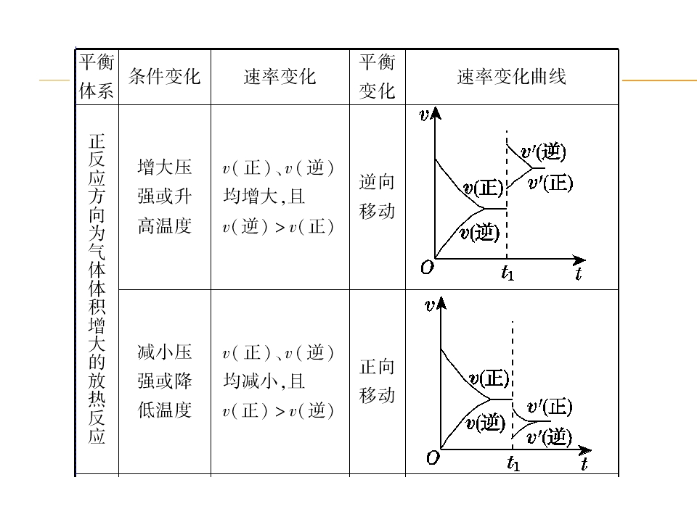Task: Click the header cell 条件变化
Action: point(165,77)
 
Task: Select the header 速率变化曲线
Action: point(512,77)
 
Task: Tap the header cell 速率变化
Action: point(280,77)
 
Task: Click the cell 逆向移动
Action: point(377,196)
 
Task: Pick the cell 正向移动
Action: point(377,381)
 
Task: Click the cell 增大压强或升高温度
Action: point(165,196)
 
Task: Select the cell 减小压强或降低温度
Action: point(165,381)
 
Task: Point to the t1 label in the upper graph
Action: point(508,273)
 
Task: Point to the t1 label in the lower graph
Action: point(513,463)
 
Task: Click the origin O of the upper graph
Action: point(427,268)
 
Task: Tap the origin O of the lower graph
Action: point(433,457)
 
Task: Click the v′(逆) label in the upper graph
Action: point(543,152)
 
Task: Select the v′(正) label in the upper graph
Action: point(550,183)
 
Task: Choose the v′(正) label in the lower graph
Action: point(550,407)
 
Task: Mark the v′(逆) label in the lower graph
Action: point(549,436)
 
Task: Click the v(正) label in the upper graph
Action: point(484,188)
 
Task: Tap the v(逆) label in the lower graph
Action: point(485,423)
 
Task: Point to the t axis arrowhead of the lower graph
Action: point(586,451)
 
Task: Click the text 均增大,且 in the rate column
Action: point(264,196)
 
